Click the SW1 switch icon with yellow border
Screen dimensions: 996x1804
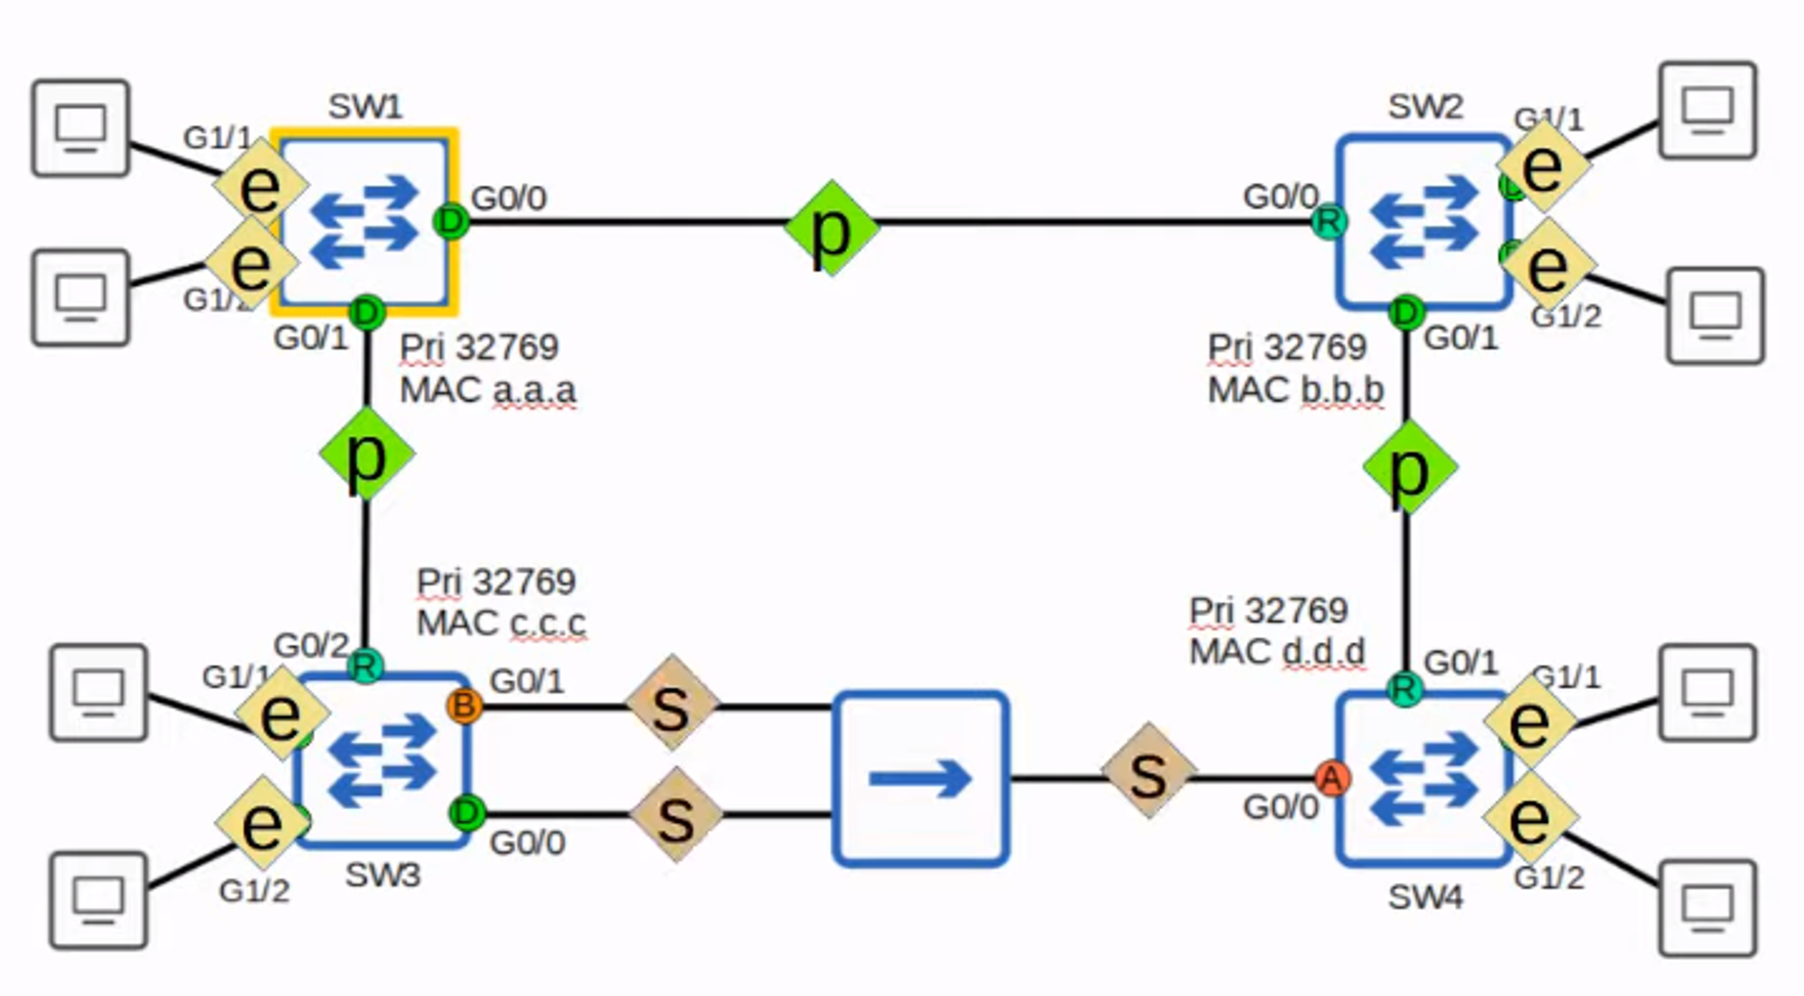[364, 222]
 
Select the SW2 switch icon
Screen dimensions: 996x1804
[1423, 222]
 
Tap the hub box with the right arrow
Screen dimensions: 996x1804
[920, 779]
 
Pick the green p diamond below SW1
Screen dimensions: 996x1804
[367, 454]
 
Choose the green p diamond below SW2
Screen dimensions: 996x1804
[1409, 466]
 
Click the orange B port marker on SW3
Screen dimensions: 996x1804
[464, 705]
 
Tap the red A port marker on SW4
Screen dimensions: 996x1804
[1331, 778]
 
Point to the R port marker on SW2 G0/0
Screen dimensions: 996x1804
[1328, 221]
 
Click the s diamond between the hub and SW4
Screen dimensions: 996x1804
[1148, 771]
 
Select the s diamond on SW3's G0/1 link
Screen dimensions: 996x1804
[672, 705]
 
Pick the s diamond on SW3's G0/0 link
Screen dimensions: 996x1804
[676, 816]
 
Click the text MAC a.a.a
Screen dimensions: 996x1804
[487, 391]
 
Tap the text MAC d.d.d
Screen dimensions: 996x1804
[1276, 651]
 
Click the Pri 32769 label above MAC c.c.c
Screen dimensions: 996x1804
[495, 582]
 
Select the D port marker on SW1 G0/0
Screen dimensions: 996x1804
[451, 221]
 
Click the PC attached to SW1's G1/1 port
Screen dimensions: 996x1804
[80, 128]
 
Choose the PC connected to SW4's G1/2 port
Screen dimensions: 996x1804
[1707, 907]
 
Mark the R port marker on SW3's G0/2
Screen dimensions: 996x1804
[365, 667]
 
